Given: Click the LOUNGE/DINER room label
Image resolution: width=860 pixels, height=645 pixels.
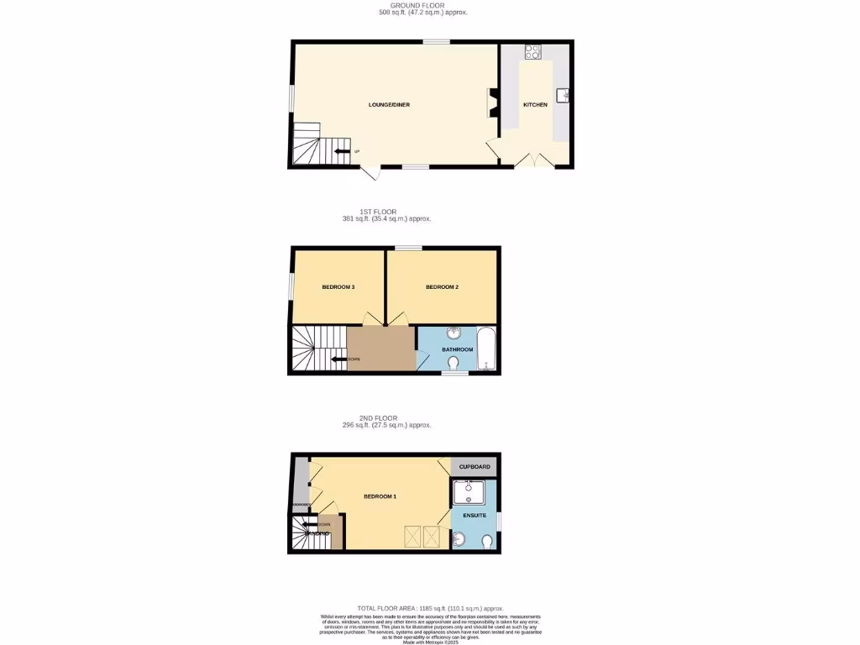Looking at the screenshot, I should (389, 105).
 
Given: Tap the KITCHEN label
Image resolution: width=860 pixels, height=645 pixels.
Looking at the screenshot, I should (535, 105).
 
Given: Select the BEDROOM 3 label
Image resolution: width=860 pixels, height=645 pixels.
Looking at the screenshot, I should (338, 287).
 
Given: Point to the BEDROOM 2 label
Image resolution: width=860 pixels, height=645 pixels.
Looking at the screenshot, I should (442, 287).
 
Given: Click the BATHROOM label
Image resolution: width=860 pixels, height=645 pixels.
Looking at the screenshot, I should (458, 349).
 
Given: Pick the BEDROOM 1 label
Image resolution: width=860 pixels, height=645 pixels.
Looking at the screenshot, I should (380, 496).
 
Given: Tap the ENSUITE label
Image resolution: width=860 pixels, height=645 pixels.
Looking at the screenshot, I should (473, 515).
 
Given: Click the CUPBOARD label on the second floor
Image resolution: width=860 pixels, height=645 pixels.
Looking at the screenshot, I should (475, 467).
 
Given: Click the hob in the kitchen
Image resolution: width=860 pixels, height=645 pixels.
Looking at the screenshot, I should (532, 51).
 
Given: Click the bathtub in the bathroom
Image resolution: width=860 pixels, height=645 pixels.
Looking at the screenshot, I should (486, 349).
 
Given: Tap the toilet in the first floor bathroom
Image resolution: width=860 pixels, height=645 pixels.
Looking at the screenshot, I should (454, 363).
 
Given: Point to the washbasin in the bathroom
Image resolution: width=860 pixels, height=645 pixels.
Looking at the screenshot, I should (454, 333).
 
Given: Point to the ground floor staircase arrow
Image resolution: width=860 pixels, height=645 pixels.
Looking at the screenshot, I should (342, 151).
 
